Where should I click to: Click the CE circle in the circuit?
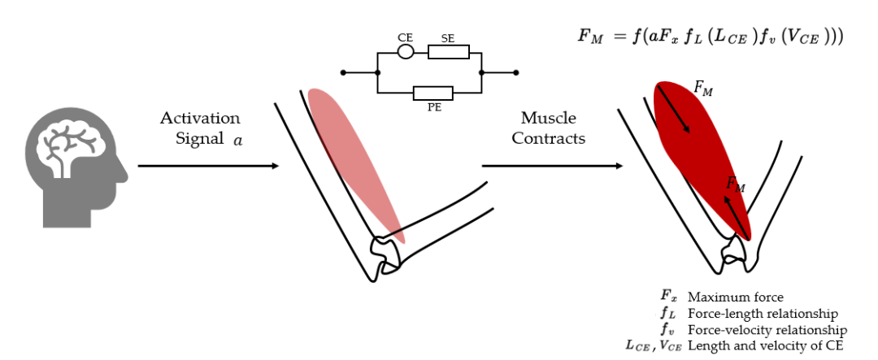pos(406,52)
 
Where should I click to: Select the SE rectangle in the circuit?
pos(449,52)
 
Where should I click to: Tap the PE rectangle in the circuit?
pos(432,93)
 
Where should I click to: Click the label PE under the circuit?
pos(434,106)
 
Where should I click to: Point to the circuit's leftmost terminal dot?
pos(343,73)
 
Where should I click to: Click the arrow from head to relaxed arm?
pos(207,166)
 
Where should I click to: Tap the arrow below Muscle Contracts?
pos(553,166)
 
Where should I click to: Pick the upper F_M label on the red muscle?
pos(703,89)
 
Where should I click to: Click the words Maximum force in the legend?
pos(735,297)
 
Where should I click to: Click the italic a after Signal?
pos(237,140)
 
